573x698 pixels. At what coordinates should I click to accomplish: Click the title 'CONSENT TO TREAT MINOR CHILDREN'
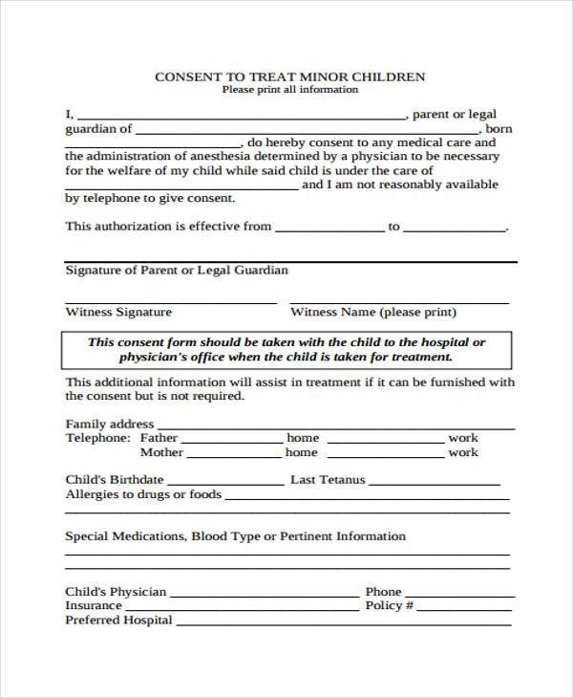pos(290,76)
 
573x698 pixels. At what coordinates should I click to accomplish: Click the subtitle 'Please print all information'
pos(290,90)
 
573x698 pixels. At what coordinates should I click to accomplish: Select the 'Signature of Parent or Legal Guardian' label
pos(177,271)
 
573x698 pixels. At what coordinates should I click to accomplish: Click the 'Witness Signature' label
pos(118,312)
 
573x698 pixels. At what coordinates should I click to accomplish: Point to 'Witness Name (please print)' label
pos(373,312)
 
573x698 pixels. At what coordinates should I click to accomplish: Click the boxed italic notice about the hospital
pos(286,350)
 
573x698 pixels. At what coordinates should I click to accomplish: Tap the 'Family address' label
pos(109,424)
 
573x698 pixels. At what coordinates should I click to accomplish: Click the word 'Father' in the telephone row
pos(159,438)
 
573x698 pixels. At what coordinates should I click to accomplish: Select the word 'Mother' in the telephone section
pos(161,452)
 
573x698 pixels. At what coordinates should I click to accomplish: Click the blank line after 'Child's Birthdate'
pos(230,481)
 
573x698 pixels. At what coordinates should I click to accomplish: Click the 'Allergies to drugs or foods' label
pos(143,494)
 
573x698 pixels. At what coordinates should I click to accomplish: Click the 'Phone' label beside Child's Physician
pos(383,592)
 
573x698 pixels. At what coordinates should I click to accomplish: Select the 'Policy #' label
pos(389,605)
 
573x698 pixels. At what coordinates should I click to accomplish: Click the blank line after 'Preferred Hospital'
pos(344,622)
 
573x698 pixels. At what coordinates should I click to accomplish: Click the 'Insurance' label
pos(94,605)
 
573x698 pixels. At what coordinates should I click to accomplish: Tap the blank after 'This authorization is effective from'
pos(329,230)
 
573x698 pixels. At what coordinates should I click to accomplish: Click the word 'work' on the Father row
pos(463,438)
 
